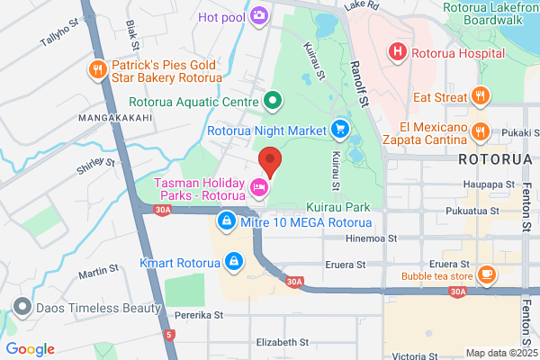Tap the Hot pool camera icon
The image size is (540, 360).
pyautogui.click(x=259, y=15)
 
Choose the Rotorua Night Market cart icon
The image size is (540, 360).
pyautogui.click(x=339, y=130)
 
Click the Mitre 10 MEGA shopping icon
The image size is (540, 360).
pyautogui.click(x=228, y=220)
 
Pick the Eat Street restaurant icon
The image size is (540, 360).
pyautogui.click(x=481, y=96)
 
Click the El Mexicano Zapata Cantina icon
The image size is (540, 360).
pyautogui.click(x=480, y=132)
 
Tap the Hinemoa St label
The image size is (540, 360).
pyautogui.click(x=373, y=238)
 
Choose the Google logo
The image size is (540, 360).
pyautogui.click(x=30, y=349)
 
